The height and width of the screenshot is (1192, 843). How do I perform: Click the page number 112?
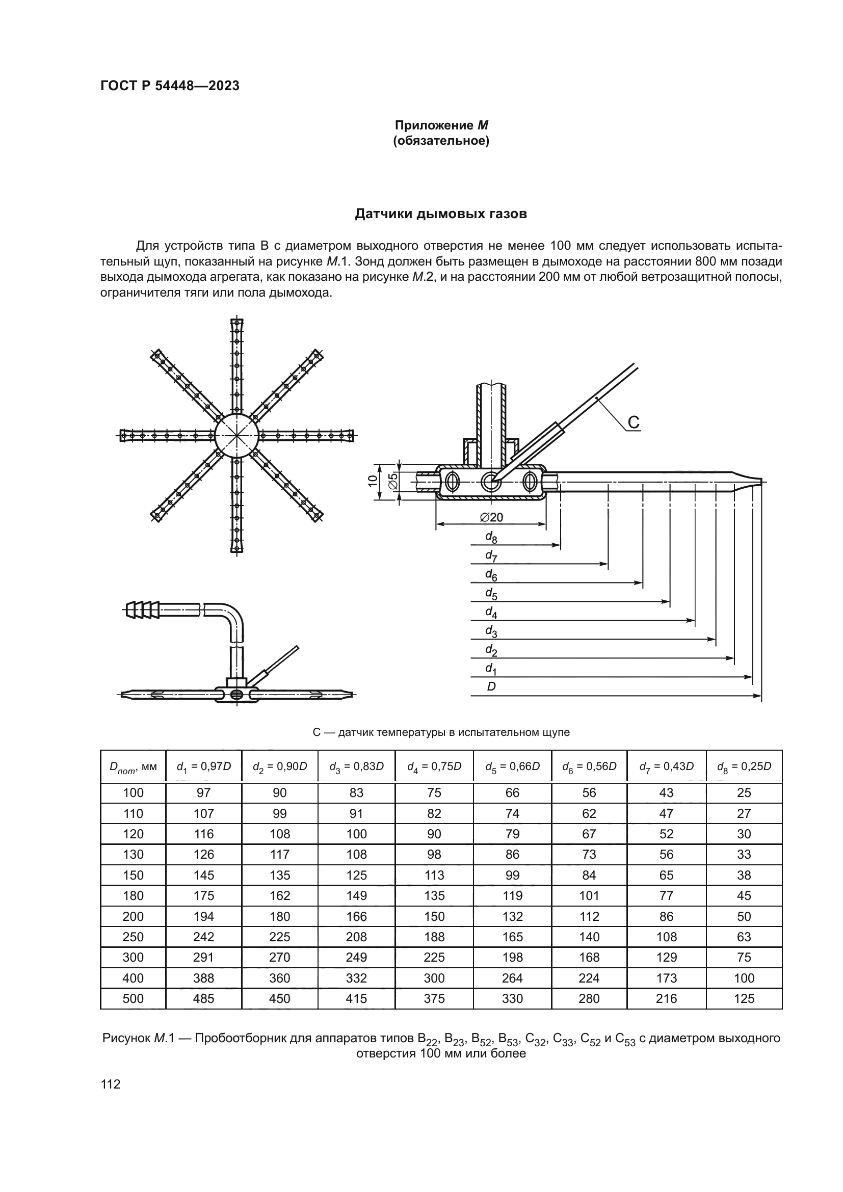(x=111, y=1084)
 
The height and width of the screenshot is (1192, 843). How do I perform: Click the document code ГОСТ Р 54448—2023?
(x=170, y=86)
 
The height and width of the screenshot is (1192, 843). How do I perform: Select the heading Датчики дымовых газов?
(x=441, y=214)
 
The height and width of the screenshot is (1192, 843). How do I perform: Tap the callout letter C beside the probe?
(x=634, y=422)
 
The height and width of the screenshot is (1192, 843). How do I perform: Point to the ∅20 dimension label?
(x=491, y=517)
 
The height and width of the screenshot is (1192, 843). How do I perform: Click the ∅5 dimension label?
(x=393, y=481)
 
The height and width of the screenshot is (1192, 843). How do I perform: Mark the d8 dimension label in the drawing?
(x=490, y=537)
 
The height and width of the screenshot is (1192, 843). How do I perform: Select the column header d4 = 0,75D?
(x=434, y=766)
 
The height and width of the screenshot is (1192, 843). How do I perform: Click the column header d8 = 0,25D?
(x=744, y=766)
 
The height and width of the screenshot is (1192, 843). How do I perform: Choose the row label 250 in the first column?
(x=133, y=937)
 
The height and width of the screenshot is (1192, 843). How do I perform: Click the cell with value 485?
(x=203, y=999)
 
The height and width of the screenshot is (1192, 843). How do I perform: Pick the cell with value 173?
(x=666, y=978)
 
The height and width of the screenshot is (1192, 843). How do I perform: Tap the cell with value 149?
(x=356, y=896)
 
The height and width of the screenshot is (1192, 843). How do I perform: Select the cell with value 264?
(x=512, y=978)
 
